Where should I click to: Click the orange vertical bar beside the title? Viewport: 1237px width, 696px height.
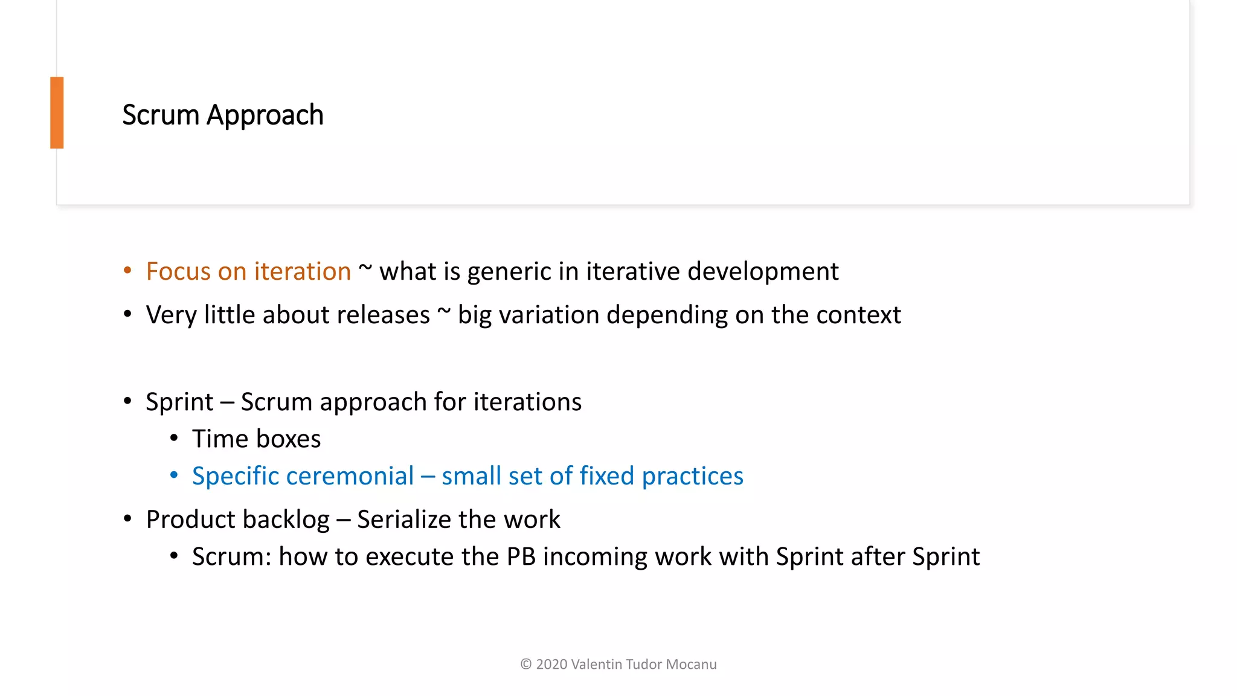coord(57,112)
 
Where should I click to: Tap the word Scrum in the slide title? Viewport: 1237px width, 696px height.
coord(160,115)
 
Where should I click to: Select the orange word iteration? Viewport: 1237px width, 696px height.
coord(302,271)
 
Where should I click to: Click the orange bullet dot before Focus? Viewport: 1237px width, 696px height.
coord(127,271)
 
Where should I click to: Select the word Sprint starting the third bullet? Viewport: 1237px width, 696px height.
coord(179,402)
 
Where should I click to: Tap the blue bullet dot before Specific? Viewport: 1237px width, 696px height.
coord(174,475)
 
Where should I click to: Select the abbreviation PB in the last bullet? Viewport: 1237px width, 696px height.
coord(521,556)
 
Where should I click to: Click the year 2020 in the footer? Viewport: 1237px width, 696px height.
coord(551,665)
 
